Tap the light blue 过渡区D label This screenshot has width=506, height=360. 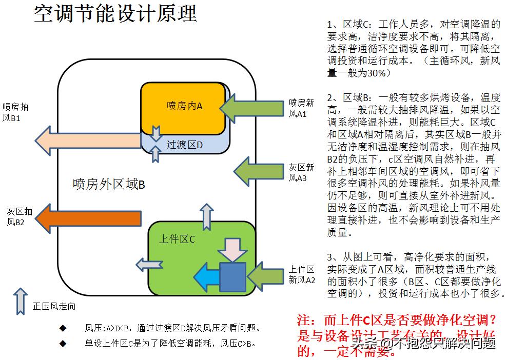click(185, 145)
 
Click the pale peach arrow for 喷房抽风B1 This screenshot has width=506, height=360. click(87, 139)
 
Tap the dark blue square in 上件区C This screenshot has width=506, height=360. click(233, 277)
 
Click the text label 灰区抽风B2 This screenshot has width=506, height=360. click(20, 216)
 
